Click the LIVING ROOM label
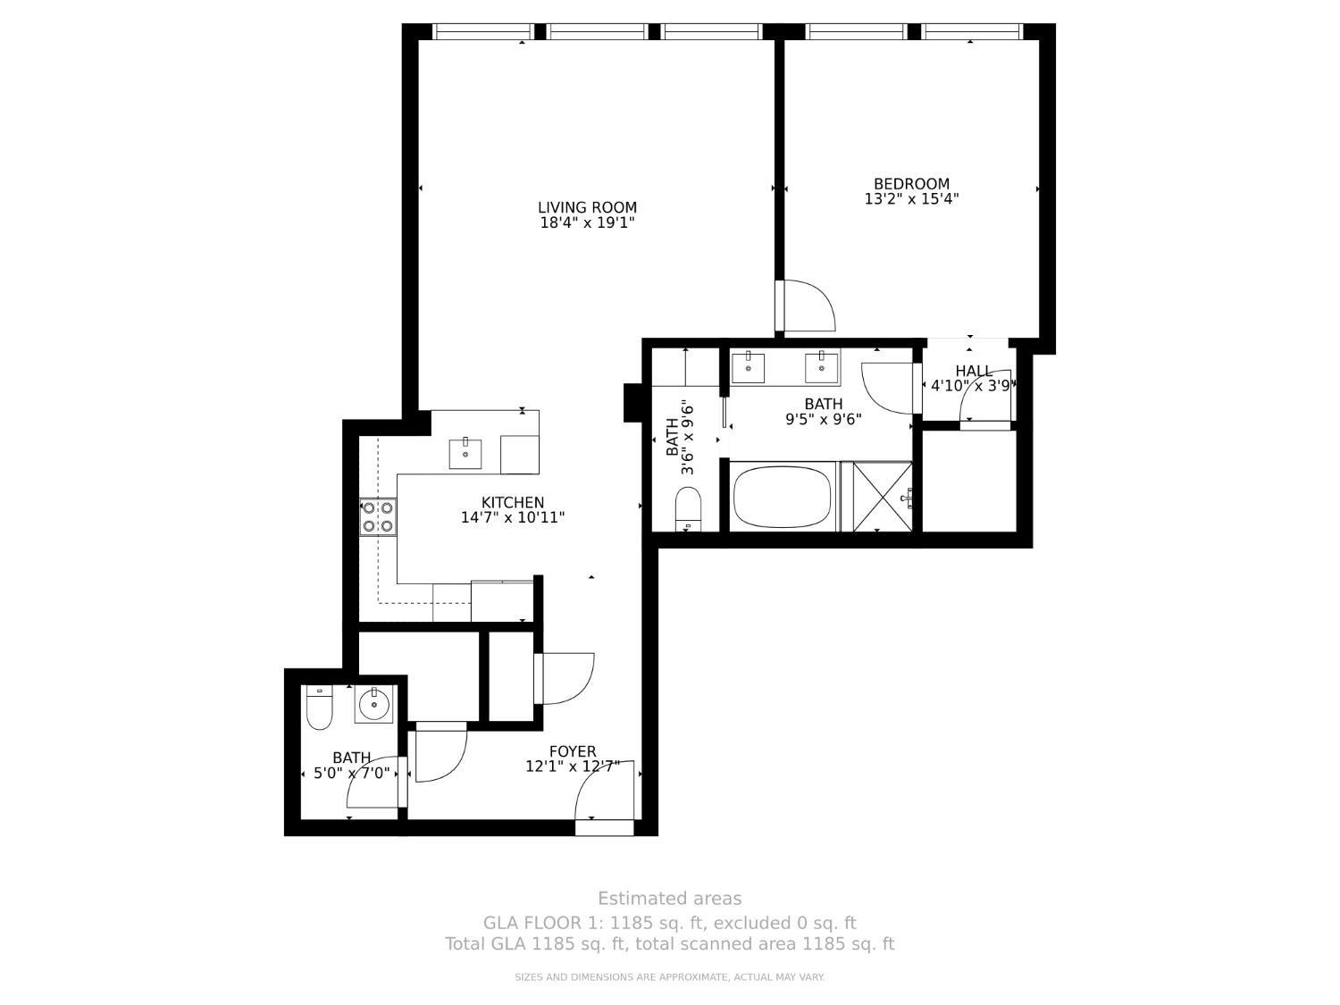point(587,208)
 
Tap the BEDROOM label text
point(911,184)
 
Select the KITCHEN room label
point(512,503)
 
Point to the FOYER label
point(573,752)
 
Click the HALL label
point(973,372)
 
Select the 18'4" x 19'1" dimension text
point(587,223)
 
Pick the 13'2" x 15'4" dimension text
point(911,199)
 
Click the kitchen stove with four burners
point(379,517)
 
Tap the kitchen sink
point(465,453)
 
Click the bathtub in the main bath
point(783,498)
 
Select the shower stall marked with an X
point(882,497)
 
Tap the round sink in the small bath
point(373,706)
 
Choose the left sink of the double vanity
point(747,366)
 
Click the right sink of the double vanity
point(821,366)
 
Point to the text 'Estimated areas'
point(669,899)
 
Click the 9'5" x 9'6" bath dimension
point(823,419)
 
